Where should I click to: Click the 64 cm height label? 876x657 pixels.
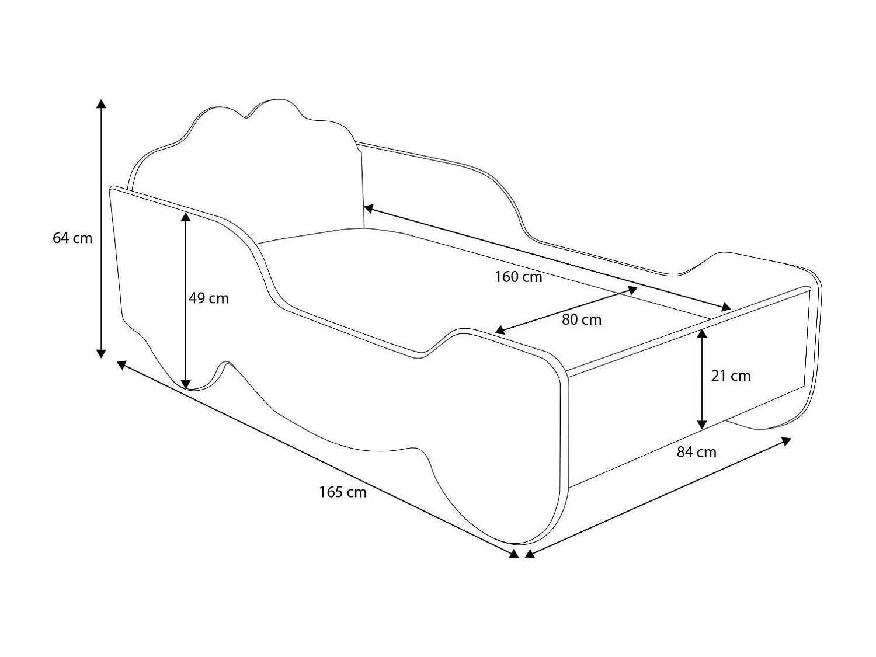pos(72,238)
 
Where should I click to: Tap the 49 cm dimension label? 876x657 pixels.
pos(208,298)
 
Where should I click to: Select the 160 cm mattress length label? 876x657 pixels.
pos(519,277)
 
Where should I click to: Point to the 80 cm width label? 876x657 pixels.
pos(582,319)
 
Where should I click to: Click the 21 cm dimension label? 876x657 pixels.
pos(731,376)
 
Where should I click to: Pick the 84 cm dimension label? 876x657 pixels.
pos(696,453)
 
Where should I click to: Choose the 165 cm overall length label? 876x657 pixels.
pos(342,492)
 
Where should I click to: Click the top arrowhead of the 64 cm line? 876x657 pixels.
pos(102,104)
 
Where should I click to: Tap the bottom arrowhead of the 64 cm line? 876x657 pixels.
pos(102,353)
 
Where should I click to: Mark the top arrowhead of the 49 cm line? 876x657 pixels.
pos(186,217)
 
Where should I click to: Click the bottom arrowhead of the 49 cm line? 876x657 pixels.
pos(186,384)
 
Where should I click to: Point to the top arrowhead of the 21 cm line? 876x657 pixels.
pos(702,333)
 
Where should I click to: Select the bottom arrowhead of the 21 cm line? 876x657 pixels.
pos(702,425)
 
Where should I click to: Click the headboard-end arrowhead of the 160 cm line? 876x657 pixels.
pos(369,208)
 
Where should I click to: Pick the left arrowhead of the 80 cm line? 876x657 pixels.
pos(499,330)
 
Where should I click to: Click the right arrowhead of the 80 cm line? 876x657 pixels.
pos(632,290)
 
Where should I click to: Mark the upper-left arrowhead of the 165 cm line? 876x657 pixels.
pos(121,364)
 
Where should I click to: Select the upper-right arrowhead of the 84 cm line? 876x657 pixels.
pos(786,441)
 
